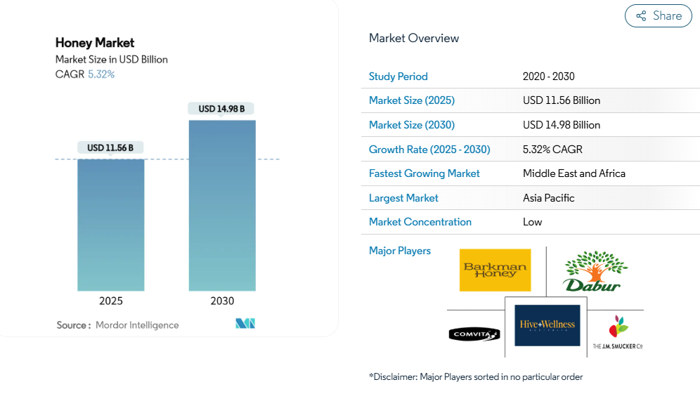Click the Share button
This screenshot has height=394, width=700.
coord(658,16)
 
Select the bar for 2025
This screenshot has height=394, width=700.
coord(111,225)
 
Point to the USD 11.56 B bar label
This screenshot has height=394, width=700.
coord(110,147)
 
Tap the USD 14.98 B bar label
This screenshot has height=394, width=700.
coord(221,109)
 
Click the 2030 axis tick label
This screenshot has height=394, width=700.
coord(222,301)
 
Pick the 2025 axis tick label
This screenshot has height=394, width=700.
coord(111,301)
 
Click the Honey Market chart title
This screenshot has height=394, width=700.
coord(95,43)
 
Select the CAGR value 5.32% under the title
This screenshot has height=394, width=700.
coord(101,74)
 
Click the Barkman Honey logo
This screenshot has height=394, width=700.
coord(495,270)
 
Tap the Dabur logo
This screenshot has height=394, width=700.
coord(595,271)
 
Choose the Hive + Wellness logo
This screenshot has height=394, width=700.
coord(547,324)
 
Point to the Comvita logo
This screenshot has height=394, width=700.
coord(474,334)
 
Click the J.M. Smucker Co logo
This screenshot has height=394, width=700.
coord(617,333)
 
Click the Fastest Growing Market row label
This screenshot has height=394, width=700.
coord(424,173)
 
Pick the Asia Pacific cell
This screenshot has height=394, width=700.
coord(548,198)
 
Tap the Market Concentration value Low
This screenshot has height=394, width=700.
coord(532,222)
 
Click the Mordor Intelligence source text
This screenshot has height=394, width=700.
coord(137,325)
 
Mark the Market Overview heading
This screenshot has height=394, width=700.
coord(413,38)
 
